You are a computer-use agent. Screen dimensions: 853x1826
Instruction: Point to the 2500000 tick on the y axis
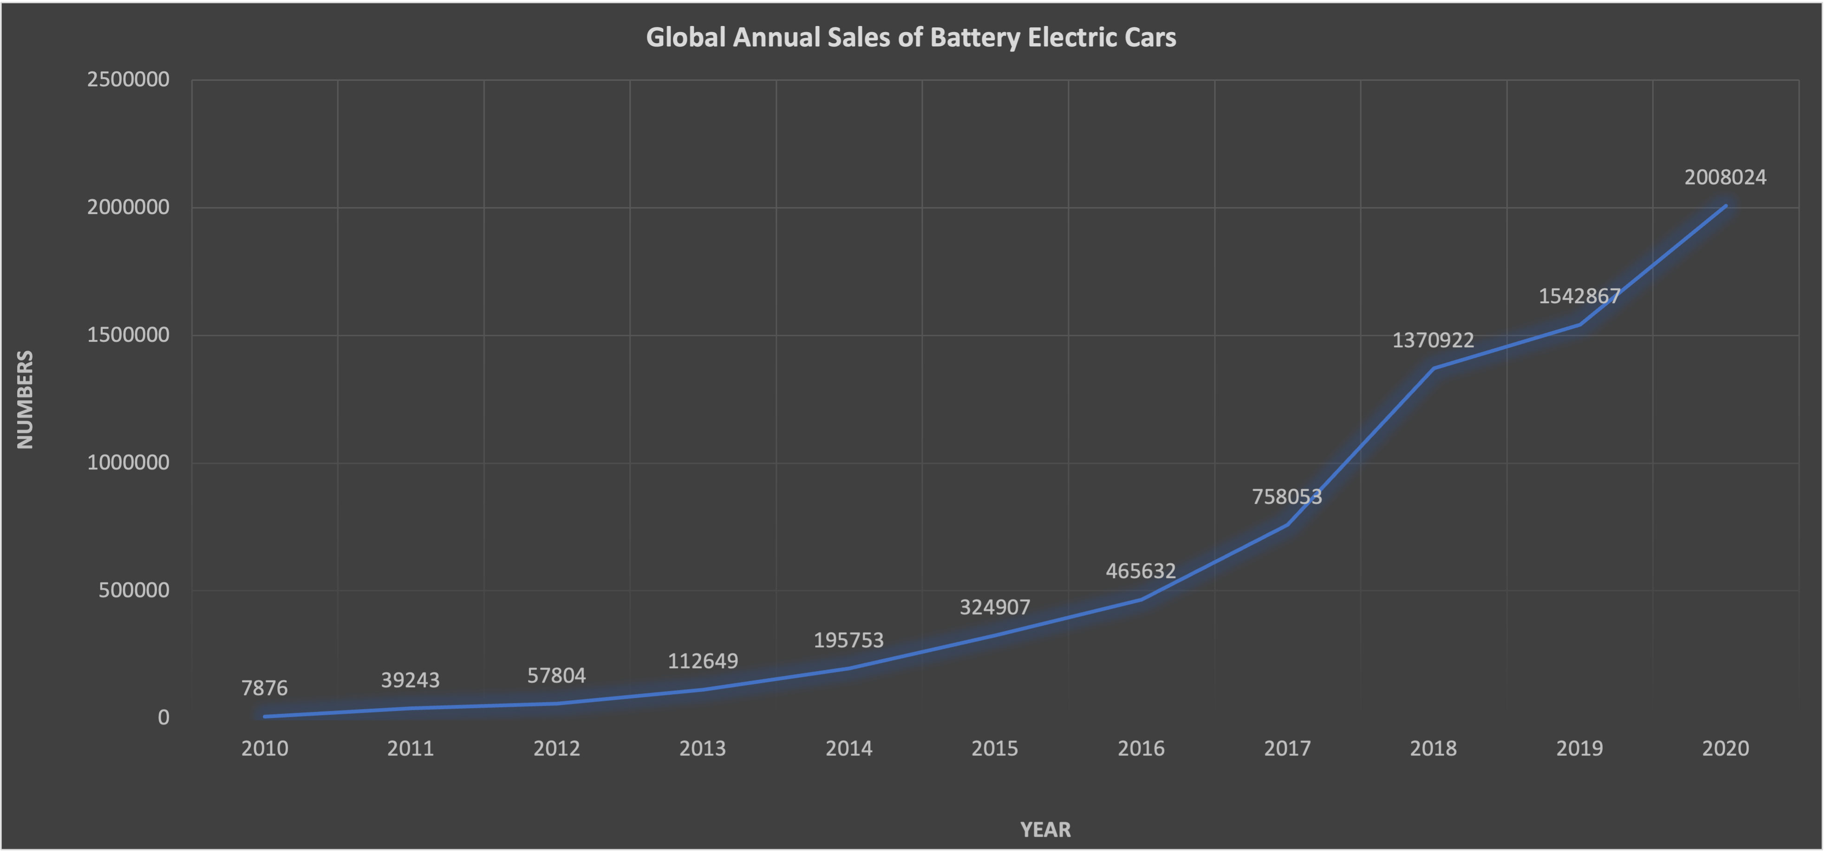[x=128, y=79]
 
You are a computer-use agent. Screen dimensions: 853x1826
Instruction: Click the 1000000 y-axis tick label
[x=128, y=463]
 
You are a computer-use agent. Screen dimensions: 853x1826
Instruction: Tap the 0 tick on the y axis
[x=164, y=717]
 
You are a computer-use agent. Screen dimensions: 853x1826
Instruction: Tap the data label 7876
[x=264, y=688]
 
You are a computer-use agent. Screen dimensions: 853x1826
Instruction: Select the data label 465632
[x=1141, y=571]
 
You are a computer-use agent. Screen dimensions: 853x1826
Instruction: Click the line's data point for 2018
[x=1433, y=368]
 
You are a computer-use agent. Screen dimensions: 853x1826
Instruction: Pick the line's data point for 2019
[x=1579, y=325]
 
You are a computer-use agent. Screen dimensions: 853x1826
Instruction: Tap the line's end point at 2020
[x=1725, y=206]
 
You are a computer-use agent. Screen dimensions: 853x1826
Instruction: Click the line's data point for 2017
[x=1287, y=525]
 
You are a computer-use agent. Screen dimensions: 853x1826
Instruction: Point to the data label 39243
[x=411, y=680]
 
